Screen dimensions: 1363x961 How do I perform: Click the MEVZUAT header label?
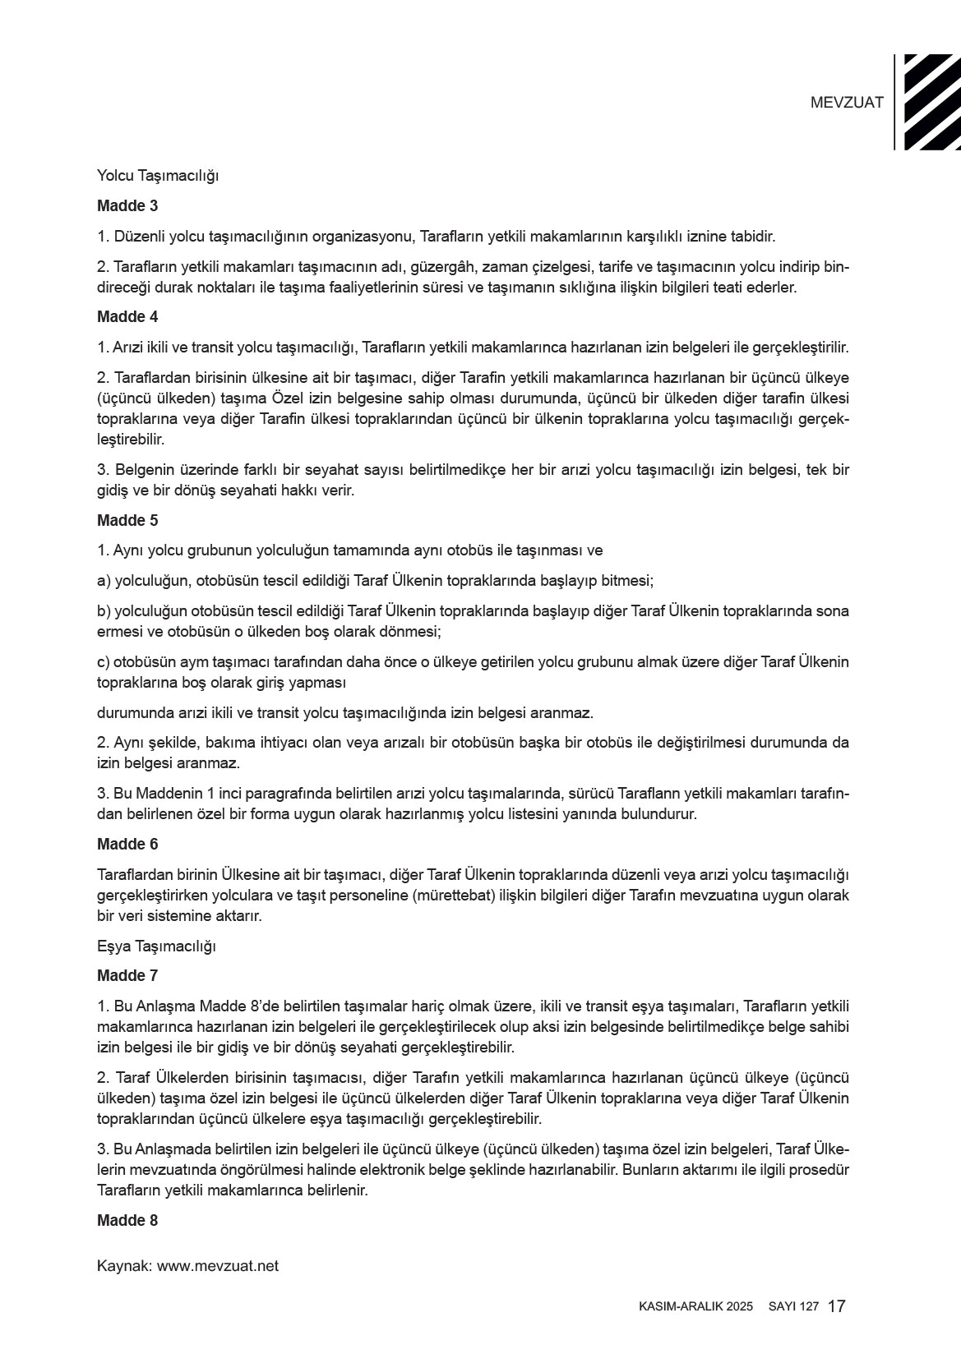pyautogui.click(x=847, y=103)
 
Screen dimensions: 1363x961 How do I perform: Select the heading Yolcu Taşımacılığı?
pyautogui.click(x=158, y=175)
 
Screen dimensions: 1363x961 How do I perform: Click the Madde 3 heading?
pyautogui.click(x=127, y=205)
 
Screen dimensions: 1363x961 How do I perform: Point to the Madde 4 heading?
pyautogui.click(x=127, y=316)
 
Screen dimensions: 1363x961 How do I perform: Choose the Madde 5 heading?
pyautogui.click(x=127, y=520)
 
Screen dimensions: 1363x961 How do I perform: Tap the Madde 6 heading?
pyautogui.click(x=127, y=844)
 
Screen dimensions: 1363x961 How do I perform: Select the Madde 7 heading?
pyautogui.click(x=127, y=975)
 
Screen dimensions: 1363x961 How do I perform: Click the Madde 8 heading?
pyautogui.click(x=127, y=1220)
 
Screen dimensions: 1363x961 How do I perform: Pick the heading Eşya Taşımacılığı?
pyautogui.click(x=156, y=946)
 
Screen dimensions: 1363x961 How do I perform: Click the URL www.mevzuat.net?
pyautogui.click(x=218, y=1266)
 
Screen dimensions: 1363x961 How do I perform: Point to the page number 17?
pyautogui.click(x=838, y=1306)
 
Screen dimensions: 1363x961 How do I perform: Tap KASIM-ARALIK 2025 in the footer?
pyautogui.click(x=695, y=1307)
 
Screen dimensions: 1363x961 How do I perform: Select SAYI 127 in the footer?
pyautogui.click(x=793, y=1307)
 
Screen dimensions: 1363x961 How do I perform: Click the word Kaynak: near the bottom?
pyautogui.click(x=124, y=1266)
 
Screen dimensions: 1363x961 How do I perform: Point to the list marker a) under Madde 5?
pyautogui.click(x=104, y=581)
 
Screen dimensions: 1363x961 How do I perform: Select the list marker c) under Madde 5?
pyautogui.click(x=103, y=662)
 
